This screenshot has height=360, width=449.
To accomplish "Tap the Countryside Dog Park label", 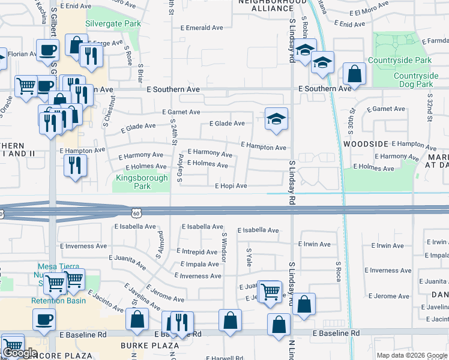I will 416,80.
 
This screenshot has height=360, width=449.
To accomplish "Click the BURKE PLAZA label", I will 149,346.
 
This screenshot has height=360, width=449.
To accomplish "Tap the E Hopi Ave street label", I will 231,186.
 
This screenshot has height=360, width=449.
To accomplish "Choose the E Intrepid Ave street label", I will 197,252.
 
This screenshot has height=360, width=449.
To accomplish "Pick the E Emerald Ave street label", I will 205,28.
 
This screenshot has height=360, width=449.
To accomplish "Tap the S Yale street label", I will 249,257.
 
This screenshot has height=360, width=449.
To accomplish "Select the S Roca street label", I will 339,271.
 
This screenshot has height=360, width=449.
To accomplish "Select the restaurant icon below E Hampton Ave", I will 75,165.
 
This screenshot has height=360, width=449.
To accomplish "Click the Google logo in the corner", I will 20,353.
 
